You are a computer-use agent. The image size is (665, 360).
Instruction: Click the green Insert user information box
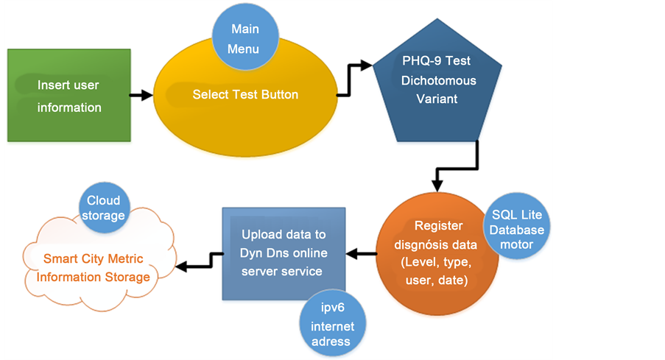[69, 96]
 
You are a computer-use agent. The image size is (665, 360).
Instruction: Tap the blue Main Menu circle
[245, 38]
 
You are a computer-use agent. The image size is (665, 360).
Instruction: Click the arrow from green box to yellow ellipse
[141, 95]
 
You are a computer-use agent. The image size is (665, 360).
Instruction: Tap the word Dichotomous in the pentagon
[438, 80]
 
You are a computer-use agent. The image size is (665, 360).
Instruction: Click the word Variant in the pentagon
[438, 99]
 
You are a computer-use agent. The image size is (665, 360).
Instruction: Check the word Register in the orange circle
[437, 226]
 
